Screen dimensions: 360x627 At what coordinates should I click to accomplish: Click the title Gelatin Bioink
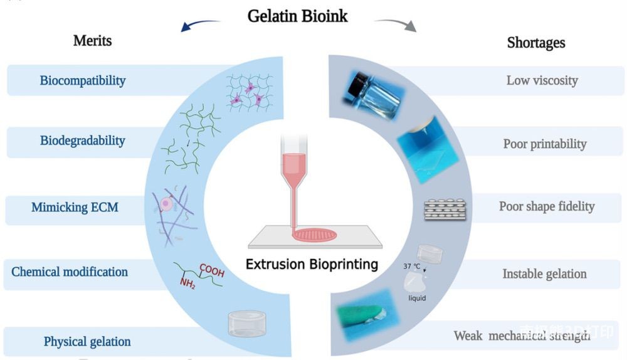297,15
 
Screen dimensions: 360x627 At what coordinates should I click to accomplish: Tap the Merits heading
92,41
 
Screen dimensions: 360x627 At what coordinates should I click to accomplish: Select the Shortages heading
535,43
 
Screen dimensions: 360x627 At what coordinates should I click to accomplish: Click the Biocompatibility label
83,80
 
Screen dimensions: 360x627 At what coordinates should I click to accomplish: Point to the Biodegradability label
82,140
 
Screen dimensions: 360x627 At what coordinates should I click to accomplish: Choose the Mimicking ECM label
75,206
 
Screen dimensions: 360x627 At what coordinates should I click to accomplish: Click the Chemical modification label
70,272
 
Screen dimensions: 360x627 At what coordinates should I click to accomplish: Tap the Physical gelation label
87,342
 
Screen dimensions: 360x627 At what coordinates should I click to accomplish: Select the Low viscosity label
542,80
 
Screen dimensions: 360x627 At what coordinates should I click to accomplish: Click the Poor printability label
544,144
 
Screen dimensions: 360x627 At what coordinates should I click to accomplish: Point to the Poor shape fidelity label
547,206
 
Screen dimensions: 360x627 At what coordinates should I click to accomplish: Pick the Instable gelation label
544,274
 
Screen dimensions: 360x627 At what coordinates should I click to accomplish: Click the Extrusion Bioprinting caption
312,264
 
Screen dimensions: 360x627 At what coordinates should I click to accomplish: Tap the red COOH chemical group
212,271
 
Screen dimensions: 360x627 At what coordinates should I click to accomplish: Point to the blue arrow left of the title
199,24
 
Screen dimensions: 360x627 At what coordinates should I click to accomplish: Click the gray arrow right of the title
396,24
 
